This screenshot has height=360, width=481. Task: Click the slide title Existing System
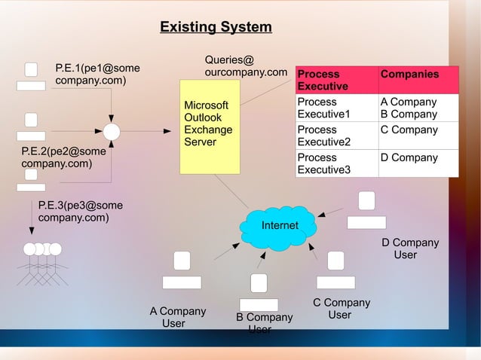pyautogui.click(x=216, y=28)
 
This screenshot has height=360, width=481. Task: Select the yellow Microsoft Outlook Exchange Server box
pyautogui.click(x=210, y=126)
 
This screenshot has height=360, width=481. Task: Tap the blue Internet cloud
pyautogui.click(x=279, y=226)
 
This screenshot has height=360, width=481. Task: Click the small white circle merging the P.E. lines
pyautogui.click(x=112, y=132)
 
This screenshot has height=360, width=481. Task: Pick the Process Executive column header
pyautogui.click(x=336, y=80)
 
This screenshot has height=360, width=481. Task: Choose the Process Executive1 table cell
pyautogui.click(x=336, y=108)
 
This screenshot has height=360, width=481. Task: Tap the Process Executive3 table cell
pyautogui.click(x=336, y=163)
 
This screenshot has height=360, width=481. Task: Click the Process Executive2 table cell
pyautogui.click(x=336, y=136)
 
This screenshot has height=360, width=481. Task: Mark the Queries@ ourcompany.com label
pyautogui.click(x=246, y=66)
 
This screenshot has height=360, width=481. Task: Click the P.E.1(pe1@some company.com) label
pyautogui.click(x=97, y=75)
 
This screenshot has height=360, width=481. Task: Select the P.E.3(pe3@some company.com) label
pyautogui.click(x=80, y=212)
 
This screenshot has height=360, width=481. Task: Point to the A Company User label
pyautogui.click(x=177, y=317)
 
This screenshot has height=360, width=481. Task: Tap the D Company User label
pyautogui.click(x=409, y=249)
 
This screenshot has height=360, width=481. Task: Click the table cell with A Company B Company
pyautogui.click(x=418, y=108)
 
